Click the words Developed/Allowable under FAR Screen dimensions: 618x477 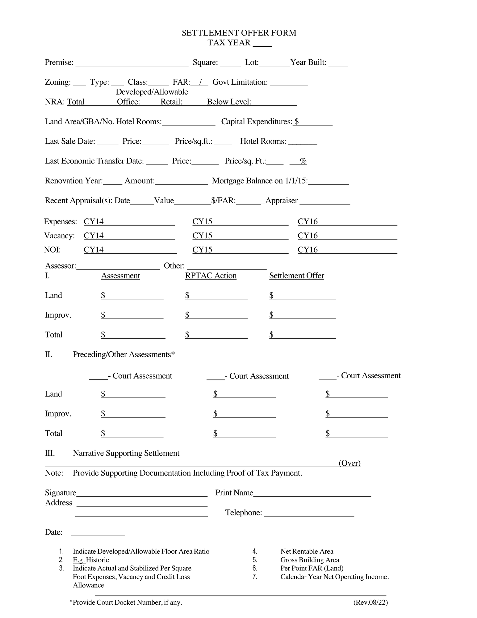(x=152, y=92)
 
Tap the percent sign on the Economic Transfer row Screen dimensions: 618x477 (x=303, y=161)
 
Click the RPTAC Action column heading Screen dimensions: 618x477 (x=211, y=276)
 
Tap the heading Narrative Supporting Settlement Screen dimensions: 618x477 (x=126, y=453)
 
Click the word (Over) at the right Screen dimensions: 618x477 (x=349, y=463)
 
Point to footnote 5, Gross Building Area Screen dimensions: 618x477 (x=310, y=560)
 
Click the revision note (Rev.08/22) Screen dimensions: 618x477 (x=370, y=602)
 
